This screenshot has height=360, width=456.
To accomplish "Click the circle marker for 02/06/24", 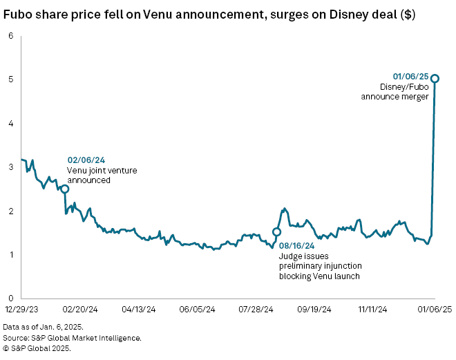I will pyautogui.click(x=64, y=189).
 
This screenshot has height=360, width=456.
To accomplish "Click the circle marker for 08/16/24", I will pyautogui.click(x=277, y=232).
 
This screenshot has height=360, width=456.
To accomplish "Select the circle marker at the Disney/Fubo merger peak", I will pyautogui.click(x=435, y=78).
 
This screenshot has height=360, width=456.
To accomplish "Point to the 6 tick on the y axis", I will pyautogui.click(x=11, y=36).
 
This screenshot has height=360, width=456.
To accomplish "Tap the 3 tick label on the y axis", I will pyautogui.click(x=11, y=167).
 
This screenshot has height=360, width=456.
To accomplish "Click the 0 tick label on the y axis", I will pyautogui.click(x=11, y=299).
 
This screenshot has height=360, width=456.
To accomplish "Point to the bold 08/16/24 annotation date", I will pyautogui.click(x=297, y=245).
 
